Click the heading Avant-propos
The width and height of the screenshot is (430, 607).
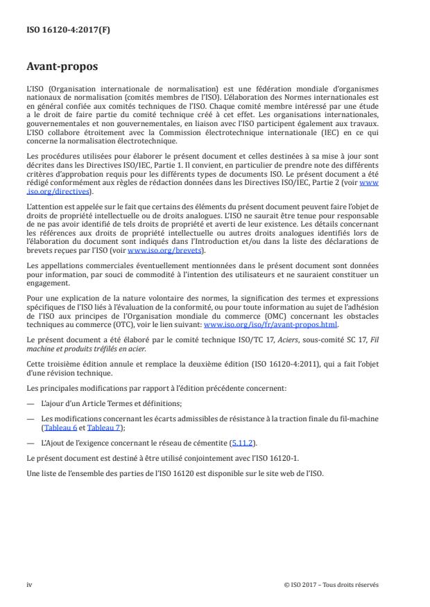click(62, 68)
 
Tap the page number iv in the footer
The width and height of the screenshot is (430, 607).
click(29, 584)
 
